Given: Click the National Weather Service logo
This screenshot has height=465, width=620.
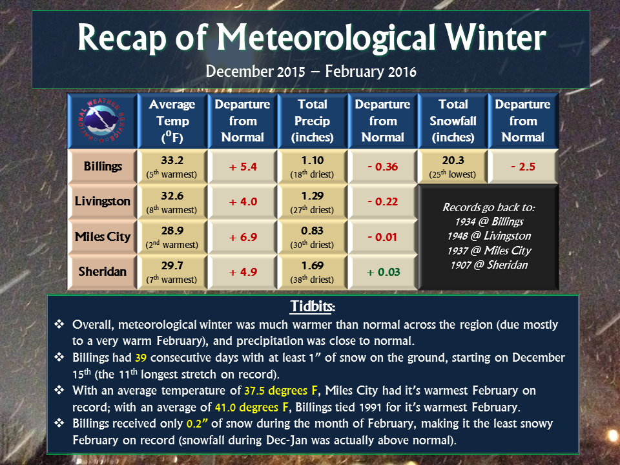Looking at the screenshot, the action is (x=102, y=121).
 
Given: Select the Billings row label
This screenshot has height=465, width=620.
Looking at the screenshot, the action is (x=103, y=167).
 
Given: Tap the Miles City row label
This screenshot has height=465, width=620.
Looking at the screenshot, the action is (x=103, y=236).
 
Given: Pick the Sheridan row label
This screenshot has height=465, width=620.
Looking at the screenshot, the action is (x=103, y=271).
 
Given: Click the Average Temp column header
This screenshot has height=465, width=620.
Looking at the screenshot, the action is (x=172, y=121).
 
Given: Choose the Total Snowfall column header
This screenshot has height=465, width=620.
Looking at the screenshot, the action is (x=453, y=121).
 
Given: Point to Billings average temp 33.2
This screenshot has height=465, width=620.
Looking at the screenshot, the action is (x=172, y=160).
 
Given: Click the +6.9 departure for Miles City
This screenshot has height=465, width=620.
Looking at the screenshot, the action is (x=243, y=237).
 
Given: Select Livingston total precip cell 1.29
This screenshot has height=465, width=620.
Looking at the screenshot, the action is (x=313, y=196).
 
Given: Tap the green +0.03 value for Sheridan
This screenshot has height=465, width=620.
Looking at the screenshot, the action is (x=383, y=272).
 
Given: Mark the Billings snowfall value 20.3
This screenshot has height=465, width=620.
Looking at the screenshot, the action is (x=453, y=160).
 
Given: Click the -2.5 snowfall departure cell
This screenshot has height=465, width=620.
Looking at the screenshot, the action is (x=523, y=167).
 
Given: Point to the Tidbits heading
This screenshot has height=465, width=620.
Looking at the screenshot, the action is (x=313, y=306).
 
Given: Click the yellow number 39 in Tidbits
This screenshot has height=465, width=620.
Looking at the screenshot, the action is (x=141, y=358).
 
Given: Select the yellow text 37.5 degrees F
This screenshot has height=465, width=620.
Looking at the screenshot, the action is (x=281, y=391).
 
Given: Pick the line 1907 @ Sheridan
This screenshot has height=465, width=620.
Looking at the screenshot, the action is (x=489, y=265).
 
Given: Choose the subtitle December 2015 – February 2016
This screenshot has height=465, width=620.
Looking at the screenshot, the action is (x=311, y=72).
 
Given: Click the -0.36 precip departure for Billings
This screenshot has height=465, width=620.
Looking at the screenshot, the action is (x=383, y=167).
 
